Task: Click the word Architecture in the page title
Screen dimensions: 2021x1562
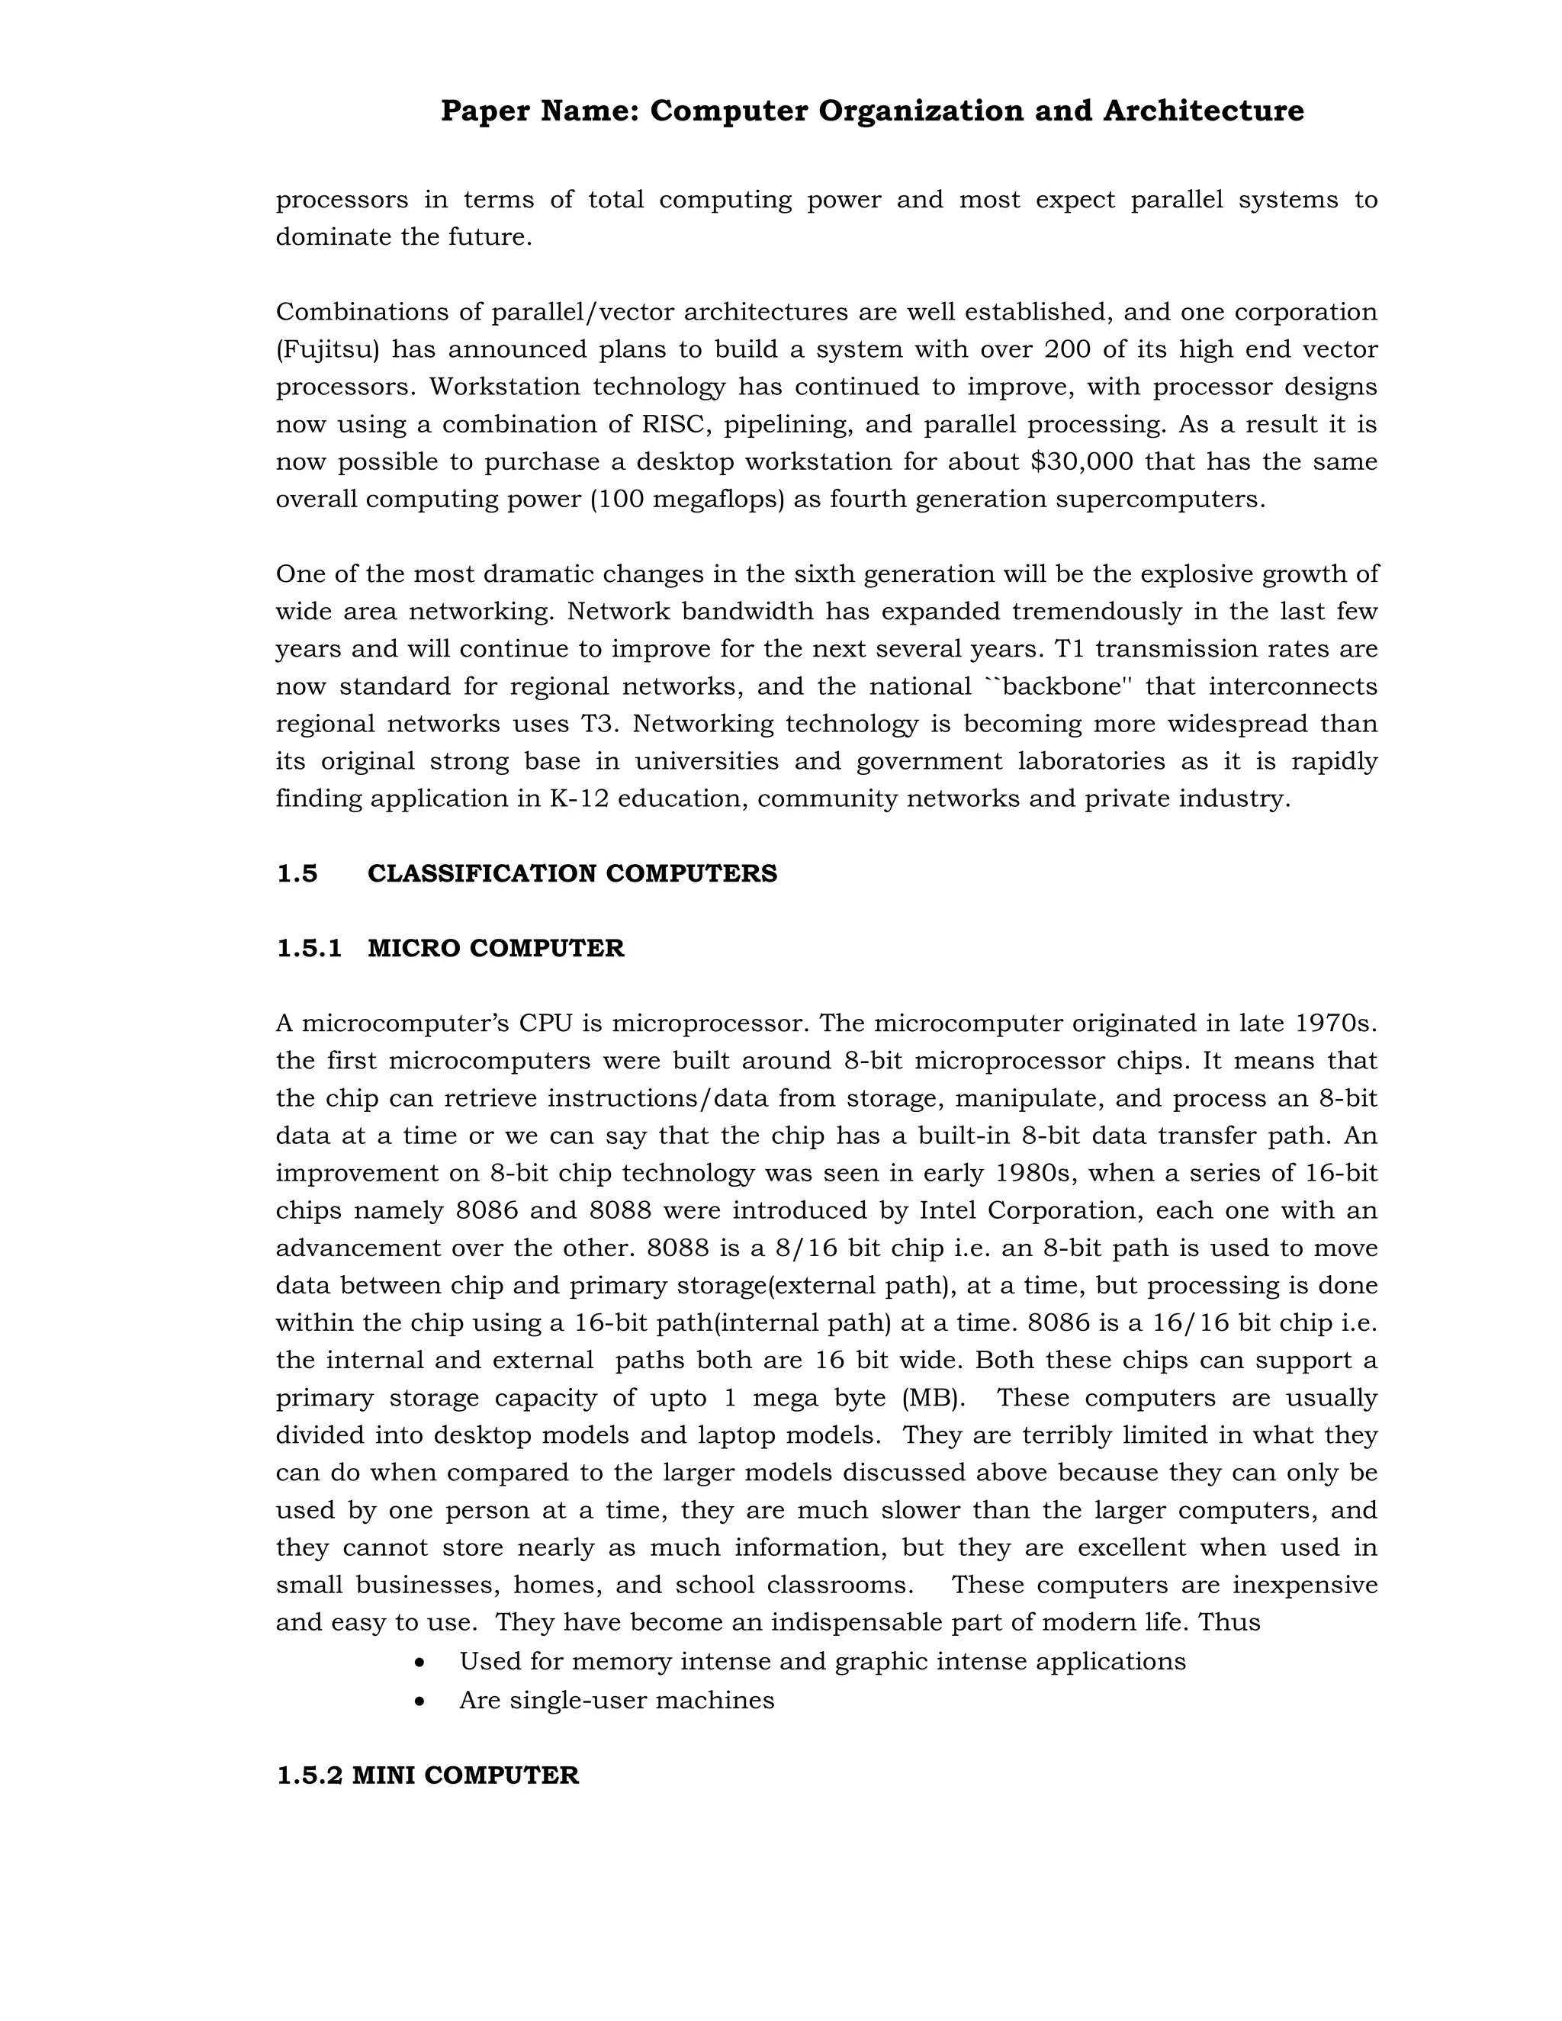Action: [1203, 111]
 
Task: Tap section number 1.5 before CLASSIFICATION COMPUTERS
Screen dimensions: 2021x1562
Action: [297, 873]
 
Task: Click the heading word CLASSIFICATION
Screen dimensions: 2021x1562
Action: [482, 873]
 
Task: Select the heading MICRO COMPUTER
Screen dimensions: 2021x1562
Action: [495, 949]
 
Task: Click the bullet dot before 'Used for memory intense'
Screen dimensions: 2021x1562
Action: [420, 1663]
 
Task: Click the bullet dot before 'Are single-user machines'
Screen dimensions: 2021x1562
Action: [420, 1701]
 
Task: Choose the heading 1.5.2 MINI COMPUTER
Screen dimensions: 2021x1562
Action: [428, 1775]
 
